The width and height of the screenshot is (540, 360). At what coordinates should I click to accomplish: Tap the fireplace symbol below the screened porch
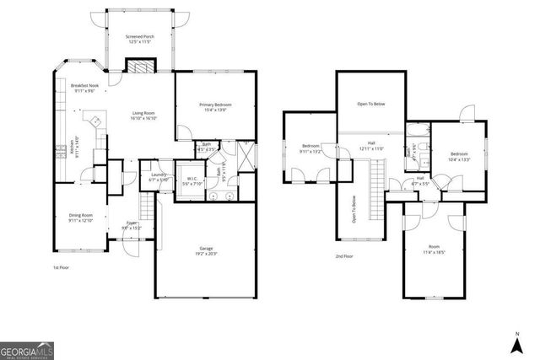click(137, 67)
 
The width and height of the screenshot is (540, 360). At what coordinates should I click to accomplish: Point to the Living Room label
click(143, 116)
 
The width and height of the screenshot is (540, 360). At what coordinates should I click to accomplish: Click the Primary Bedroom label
click(215, 106)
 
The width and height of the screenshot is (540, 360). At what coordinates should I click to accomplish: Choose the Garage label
click(205, 250)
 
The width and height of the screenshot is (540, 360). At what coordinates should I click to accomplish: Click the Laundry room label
click(159, 176)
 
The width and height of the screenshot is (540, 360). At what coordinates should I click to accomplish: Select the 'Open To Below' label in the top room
click(370, 104)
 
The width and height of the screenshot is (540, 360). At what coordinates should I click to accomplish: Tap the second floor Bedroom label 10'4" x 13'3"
click(459, 156)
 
